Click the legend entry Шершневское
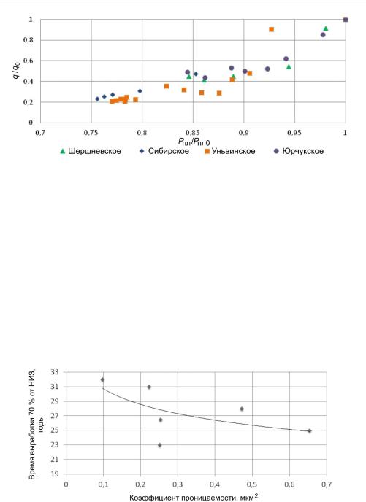[x=91, y=151]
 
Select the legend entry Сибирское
[x=164, y=151]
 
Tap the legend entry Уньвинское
[x=230, y=151]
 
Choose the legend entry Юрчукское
[x=299, y=151]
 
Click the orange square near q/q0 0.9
[x=272, y=29]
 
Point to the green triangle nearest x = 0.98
[x=326, y=28]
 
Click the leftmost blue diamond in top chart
[x=97, y=99]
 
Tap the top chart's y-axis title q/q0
[x=16, y=70]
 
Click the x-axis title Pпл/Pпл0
[x=194, y=142]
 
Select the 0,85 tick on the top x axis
[x=193, y=133]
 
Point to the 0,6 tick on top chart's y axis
[x=28, y=61]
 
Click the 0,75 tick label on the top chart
[x=91, y=133]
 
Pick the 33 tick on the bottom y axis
[x=55, y=372]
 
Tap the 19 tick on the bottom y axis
[x=55, y=474]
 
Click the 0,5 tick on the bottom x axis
[x=252, y=484]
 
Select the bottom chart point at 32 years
[x=102, y=379]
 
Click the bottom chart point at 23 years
[x=159, y=445]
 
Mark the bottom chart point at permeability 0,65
[x=309, y=431]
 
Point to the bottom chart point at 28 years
[x=242, y=409]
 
